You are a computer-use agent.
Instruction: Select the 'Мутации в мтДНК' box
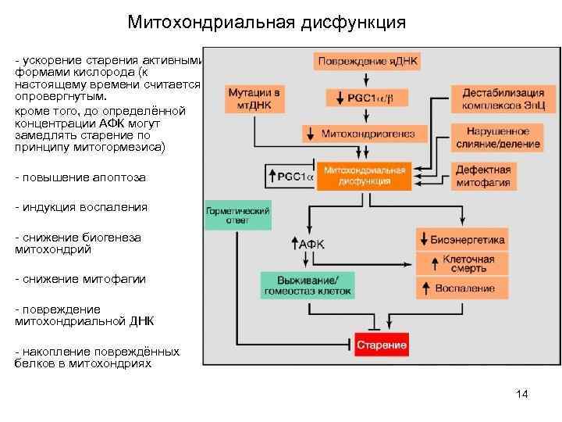coord(254,98)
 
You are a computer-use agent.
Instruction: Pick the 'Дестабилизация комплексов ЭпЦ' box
coord(492,98)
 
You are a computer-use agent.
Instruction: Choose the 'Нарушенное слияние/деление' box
coord(492,138)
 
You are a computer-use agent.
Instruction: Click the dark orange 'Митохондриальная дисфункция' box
coord(364,177)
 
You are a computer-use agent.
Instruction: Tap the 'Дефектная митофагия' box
coord(483,177)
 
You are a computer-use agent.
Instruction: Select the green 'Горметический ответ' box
coord(237,216)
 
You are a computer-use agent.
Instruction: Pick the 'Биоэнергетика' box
coord(461,240)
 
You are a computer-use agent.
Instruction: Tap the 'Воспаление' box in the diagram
coord(461,288)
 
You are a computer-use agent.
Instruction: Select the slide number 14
coord(522,394)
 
